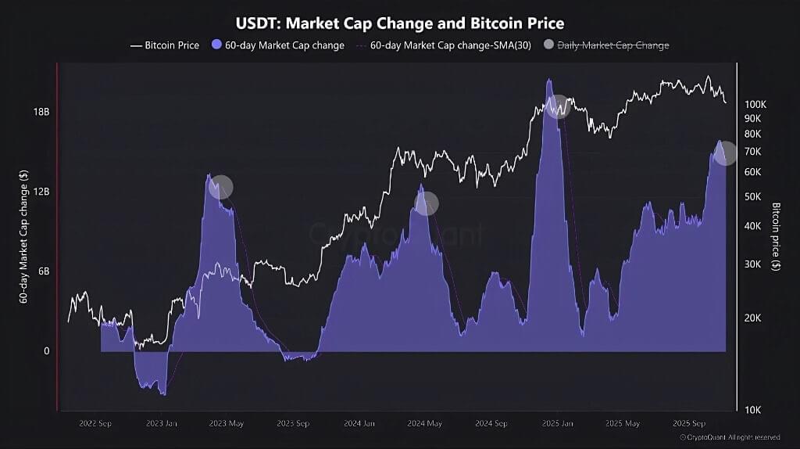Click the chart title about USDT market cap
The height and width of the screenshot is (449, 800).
pyautogui.click(x=399, y=23)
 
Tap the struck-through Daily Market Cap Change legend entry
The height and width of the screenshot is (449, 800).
pyautogui.click(x=611, y=45)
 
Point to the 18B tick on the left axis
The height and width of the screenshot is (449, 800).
pyautogui.click(x=41, y=112)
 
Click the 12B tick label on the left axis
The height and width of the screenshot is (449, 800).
pyautogui.click(x=41, y=192)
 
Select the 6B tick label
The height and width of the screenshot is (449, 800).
pyautogui.click(x=43, y=271)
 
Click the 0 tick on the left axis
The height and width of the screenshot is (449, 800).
pyautogui.click(x=46, y=351)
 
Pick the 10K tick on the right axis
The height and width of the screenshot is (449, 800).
pyautogui.click(x=752, y=410)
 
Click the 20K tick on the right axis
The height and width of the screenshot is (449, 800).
pyautogui.click(x=752, y=318)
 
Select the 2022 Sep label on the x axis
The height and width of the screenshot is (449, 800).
pyautogui.click(x=95, y=423)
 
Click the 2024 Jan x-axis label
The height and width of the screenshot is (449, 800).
pyautogui.click(x=359, y=423)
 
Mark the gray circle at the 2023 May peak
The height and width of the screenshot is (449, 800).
pyautogui.click(x=222, y=187)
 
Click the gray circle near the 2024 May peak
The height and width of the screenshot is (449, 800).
pyautogui.click(x=427, y=204)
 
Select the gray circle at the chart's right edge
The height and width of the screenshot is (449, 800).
pyautogui.click(x=726, y=153)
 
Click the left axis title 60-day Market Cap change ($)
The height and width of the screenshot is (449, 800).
pyautogui.click(x=24, y=235)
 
